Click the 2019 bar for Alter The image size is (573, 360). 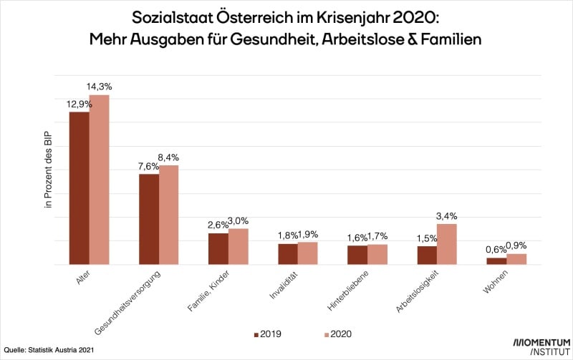(79, 188)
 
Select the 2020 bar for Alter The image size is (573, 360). (99, 180)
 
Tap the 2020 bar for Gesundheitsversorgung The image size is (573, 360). (168, 215)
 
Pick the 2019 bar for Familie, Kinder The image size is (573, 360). (218, 249)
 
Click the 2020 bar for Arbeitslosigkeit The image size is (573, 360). (447, 244)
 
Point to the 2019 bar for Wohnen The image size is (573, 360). (496, 261)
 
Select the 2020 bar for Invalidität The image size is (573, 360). (308, 253)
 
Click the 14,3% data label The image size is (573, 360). (99, 87)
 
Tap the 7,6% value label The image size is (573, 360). (149, 166)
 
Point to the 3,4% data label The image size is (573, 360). (447, 215)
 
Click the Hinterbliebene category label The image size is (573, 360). (347, 291)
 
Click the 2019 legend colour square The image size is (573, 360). (255, 334)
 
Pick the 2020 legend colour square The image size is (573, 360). (320, 334)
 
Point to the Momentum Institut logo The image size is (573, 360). (541, 346)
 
